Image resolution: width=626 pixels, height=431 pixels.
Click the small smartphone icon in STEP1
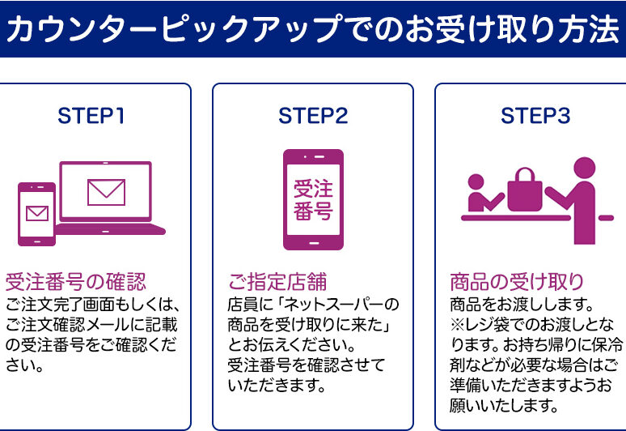coord(36,214)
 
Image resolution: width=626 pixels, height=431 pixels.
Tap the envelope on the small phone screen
coord(36,213)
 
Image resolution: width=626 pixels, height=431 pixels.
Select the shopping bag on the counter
coord(524,193)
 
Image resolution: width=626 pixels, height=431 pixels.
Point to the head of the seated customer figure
coord(476,181)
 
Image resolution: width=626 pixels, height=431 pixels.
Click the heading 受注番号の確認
coord(76,283)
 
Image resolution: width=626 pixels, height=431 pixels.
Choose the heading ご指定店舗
coord(277,283)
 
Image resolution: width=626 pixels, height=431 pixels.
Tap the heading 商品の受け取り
coord(517,283)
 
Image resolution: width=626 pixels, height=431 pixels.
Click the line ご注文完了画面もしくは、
coord(91,305)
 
